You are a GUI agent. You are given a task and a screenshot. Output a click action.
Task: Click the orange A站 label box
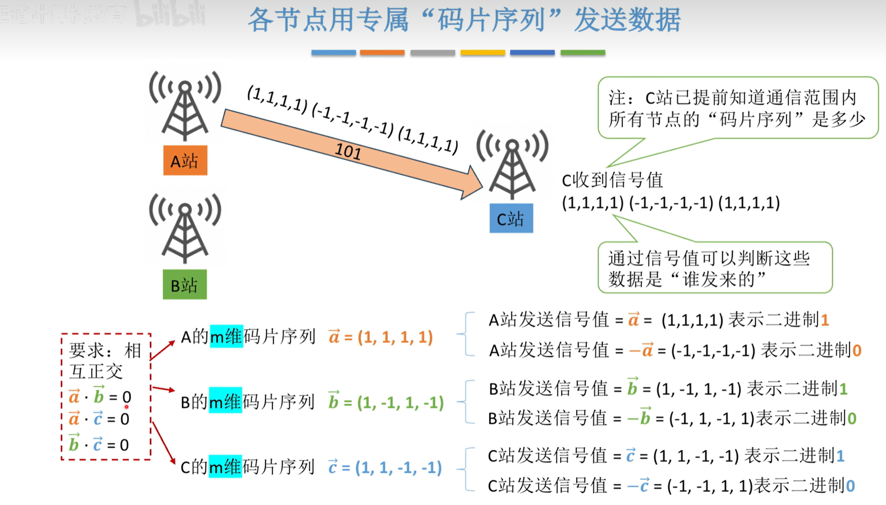point(185,160)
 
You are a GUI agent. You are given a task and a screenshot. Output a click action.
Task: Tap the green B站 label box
point(185,285)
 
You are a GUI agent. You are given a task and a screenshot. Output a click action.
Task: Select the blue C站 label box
point(511,219)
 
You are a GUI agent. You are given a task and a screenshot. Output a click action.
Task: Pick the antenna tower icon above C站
point(512,165)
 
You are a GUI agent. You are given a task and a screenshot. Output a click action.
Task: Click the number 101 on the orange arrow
point(348,151)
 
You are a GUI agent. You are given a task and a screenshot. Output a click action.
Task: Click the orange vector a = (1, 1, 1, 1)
point(381,337)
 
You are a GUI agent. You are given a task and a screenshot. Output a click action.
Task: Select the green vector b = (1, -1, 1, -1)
point(386,402)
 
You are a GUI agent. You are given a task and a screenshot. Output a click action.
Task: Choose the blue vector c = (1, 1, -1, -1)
point(385,468)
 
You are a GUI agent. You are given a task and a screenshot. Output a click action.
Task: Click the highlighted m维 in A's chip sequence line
point(226,337)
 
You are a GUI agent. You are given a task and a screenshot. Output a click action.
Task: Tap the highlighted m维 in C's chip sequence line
point(225,467)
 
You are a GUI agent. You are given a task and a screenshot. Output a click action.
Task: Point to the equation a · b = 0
point(100,397)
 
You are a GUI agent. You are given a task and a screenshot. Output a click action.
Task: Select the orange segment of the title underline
point(382,53)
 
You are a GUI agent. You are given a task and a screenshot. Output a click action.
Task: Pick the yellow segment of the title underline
point(482,53)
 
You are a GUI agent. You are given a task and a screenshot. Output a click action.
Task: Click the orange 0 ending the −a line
point(857,350)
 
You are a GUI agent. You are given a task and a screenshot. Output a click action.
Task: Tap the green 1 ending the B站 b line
point(843,389)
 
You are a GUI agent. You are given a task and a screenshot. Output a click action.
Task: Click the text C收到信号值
point(612,180)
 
